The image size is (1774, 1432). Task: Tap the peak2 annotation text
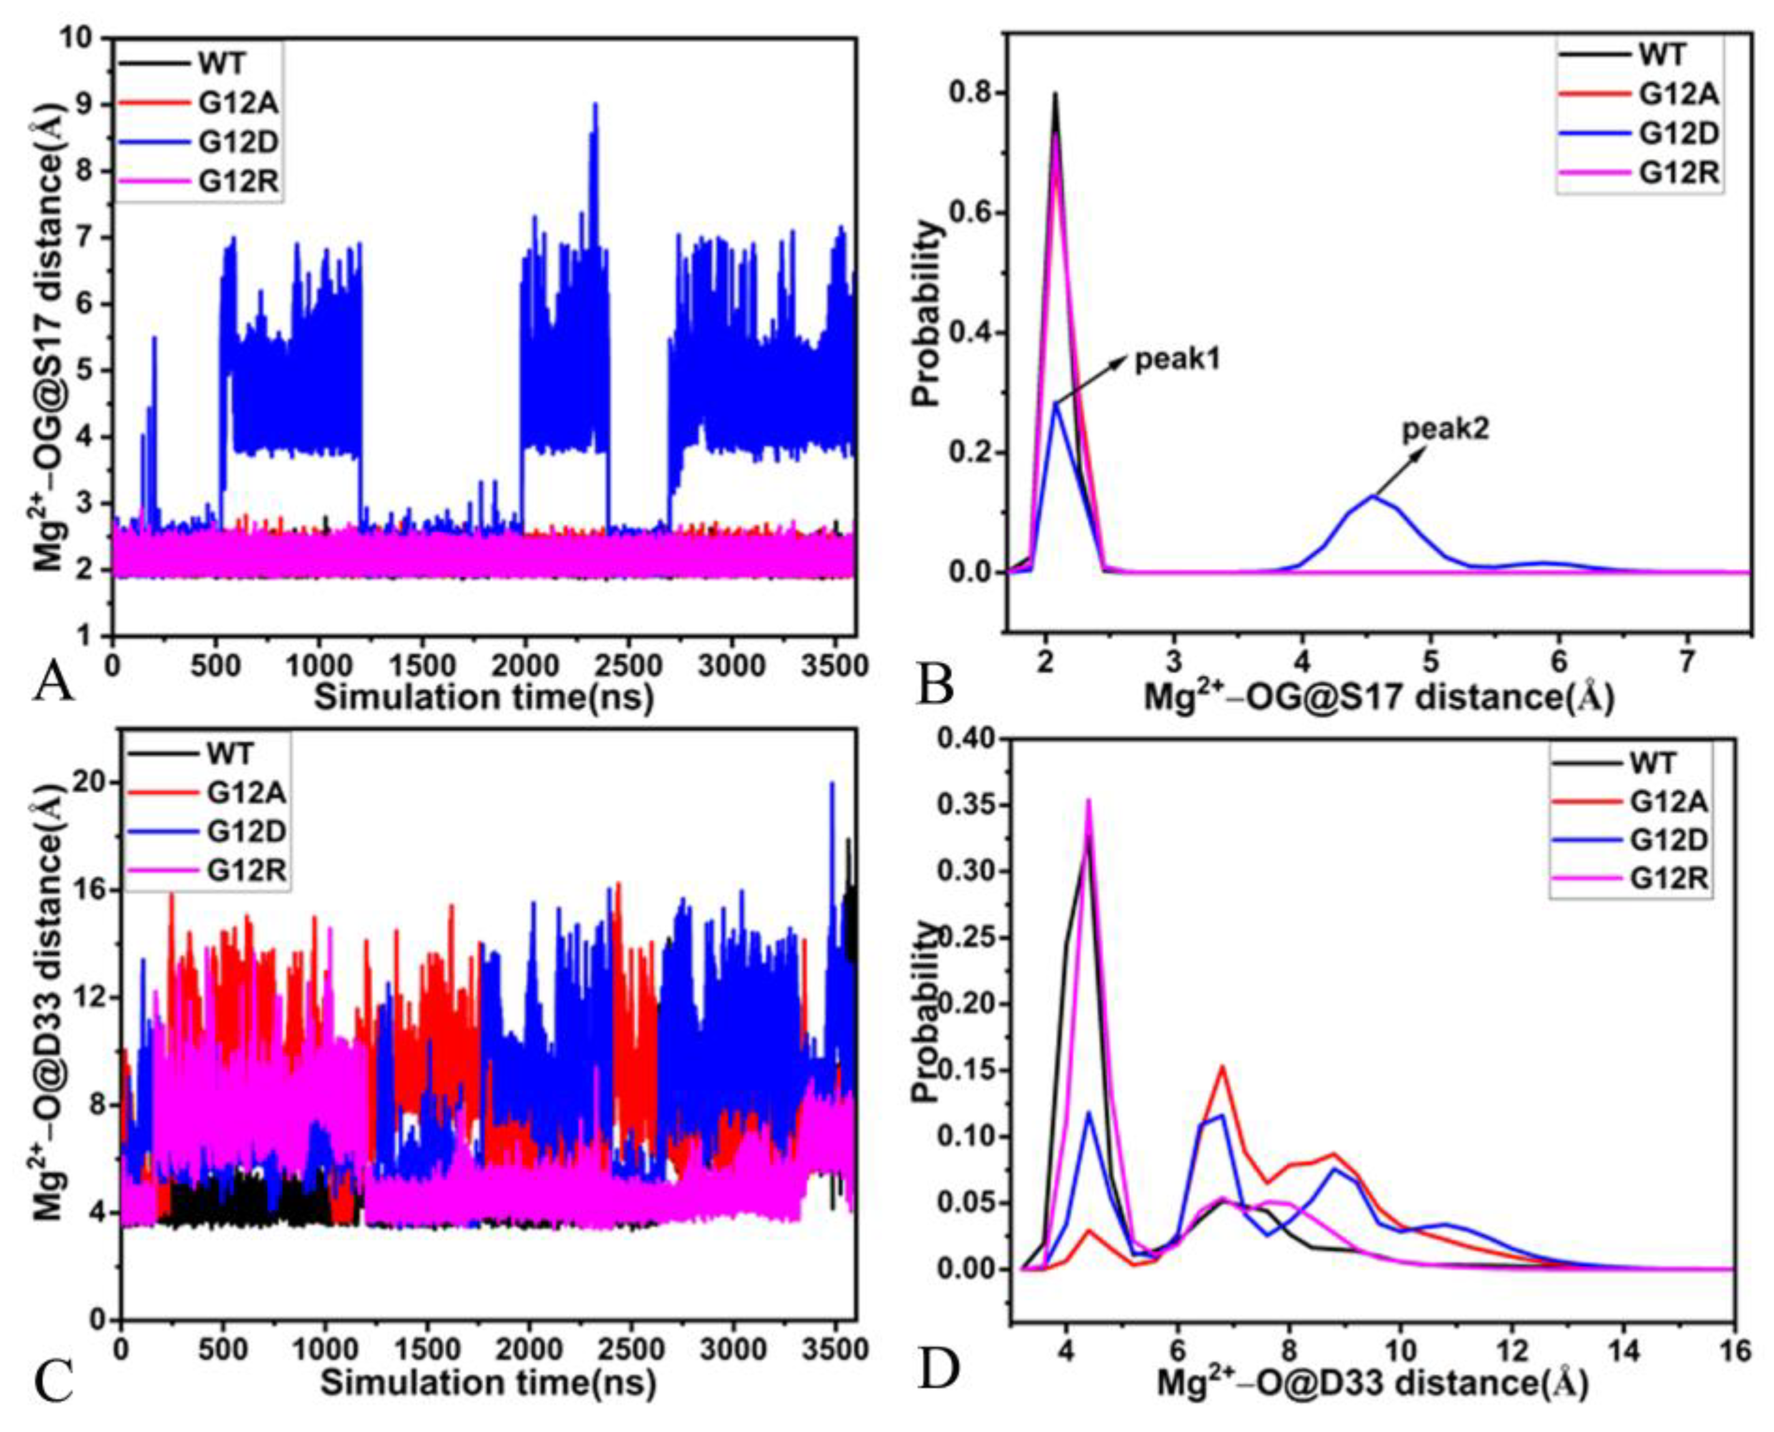click(1446, 429)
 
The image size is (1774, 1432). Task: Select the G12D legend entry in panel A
click(238, 142)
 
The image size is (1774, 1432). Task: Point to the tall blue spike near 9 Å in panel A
click(595, 105)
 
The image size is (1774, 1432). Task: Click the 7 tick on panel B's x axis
click(1687, 661)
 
